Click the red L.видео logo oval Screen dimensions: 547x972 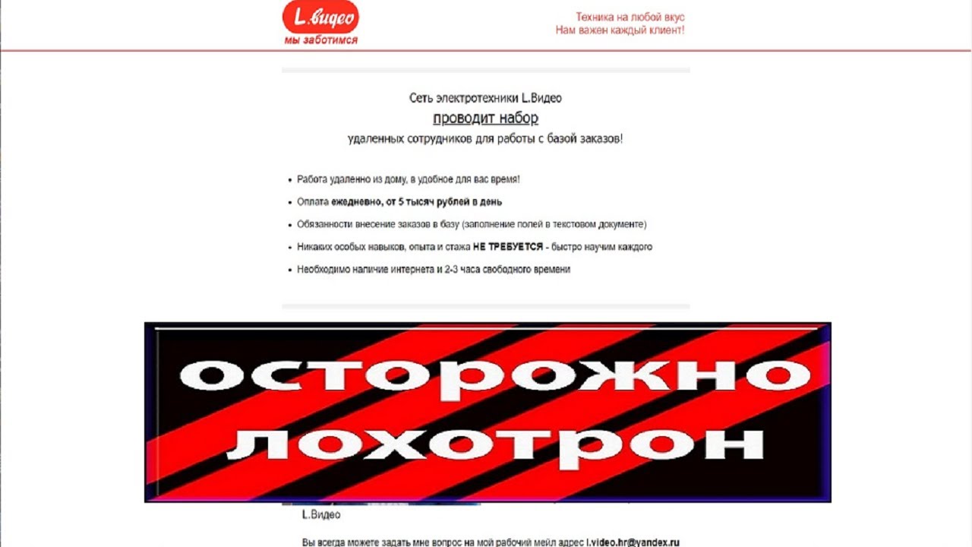pyautogui.click(x=320, y=17)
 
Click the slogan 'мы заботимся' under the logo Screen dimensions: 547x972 pyautogui.click(x=320, y=40)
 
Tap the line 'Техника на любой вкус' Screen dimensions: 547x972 pyautogui.click(x=630, y=17)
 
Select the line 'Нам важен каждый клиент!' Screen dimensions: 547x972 pyautogui.click(x=620, y=30)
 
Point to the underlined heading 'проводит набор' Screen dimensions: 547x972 pyautogui.click(x=485, y=118)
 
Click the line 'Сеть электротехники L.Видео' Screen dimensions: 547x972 pyautogui.click(x=485, y=98)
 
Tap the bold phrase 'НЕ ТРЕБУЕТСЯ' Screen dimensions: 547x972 pyautogui.click(x=508, y=247)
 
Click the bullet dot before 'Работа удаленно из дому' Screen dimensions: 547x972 pyautogui.click(x=289, y=180)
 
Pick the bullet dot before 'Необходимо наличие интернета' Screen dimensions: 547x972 pyautogui.click(x=289, y=270)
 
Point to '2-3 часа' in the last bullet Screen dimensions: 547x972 pyautogui.click(x=461, y=270)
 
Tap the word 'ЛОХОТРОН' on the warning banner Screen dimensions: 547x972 pyautogui.click(x=494, y=444)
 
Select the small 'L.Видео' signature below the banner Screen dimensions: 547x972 pyautogui.click(x=321, y=515)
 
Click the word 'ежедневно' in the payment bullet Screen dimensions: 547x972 pyautogui.click(x=355, y=202)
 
